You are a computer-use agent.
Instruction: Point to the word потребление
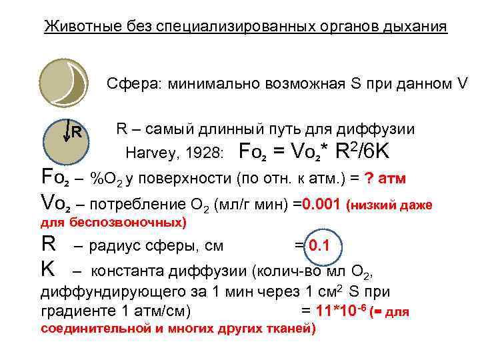pos(127,205)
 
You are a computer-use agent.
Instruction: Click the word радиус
pos(115,247)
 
